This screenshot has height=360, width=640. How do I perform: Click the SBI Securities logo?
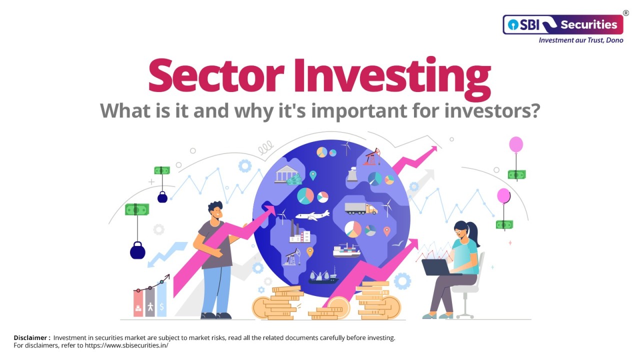pos(563,24)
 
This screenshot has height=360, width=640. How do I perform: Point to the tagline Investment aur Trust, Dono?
pos(580,40)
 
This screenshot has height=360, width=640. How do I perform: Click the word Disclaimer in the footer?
pos(31,337)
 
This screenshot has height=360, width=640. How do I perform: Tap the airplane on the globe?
pos(312,215)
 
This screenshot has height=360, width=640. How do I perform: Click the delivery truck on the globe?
pos(360,208)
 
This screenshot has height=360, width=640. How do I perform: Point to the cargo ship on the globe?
pos(346,250)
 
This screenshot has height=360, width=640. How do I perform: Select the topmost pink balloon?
pos(516,144)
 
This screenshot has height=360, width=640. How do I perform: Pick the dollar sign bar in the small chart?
pos(161,302)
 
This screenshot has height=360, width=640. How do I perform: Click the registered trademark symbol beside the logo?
pos(625,13)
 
